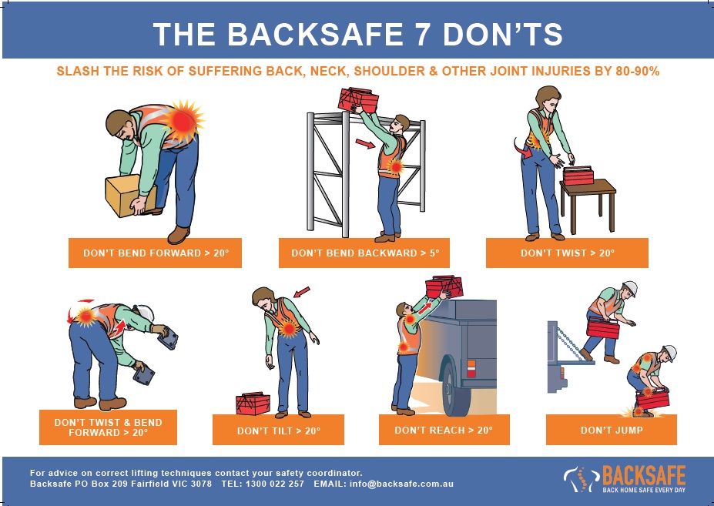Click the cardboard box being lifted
(x=129, y=196)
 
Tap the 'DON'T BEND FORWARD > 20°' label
(x=156, y=253)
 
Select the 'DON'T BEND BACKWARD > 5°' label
(x=364, y=253)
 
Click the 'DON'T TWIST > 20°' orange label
(x=567, y=253)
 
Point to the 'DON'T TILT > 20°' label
(x=278, y=430)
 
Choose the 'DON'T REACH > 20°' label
(x=444, y=430)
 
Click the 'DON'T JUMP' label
(x=612, y=430)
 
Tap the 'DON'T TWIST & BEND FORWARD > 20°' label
(x=108, y=427)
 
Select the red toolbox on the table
(x=578, y=176)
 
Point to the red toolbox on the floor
(x=253, y=404)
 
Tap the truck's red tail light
(x=471, y=368)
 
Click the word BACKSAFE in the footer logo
(x=644, y=475)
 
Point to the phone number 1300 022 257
(x=274, y=484)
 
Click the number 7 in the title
(x=421, y=34)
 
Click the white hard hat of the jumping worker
(x=630, y=288)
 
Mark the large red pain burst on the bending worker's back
(x=183, y=120)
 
